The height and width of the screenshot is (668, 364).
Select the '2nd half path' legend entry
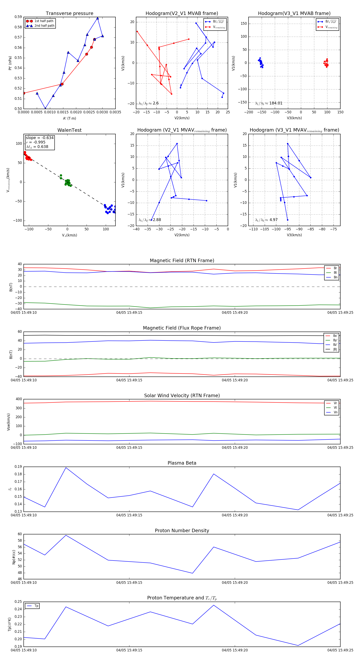44,26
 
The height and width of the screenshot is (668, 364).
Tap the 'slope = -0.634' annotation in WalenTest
40,138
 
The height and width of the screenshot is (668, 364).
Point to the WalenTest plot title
69,130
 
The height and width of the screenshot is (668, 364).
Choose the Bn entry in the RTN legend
335,277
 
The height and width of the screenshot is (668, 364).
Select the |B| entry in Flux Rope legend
335,349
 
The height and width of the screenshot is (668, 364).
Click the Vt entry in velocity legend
335,408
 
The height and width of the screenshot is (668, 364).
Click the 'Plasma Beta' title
182,463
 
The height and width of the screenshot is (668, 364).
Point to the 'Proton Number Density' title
182,531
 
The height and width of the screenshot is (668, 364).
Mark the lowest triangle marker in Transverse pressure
45,108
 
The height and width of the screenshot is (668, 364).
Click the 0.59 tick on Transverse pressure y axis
18,17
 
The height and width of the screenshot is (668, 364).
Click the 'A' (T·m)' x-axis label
69,118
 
